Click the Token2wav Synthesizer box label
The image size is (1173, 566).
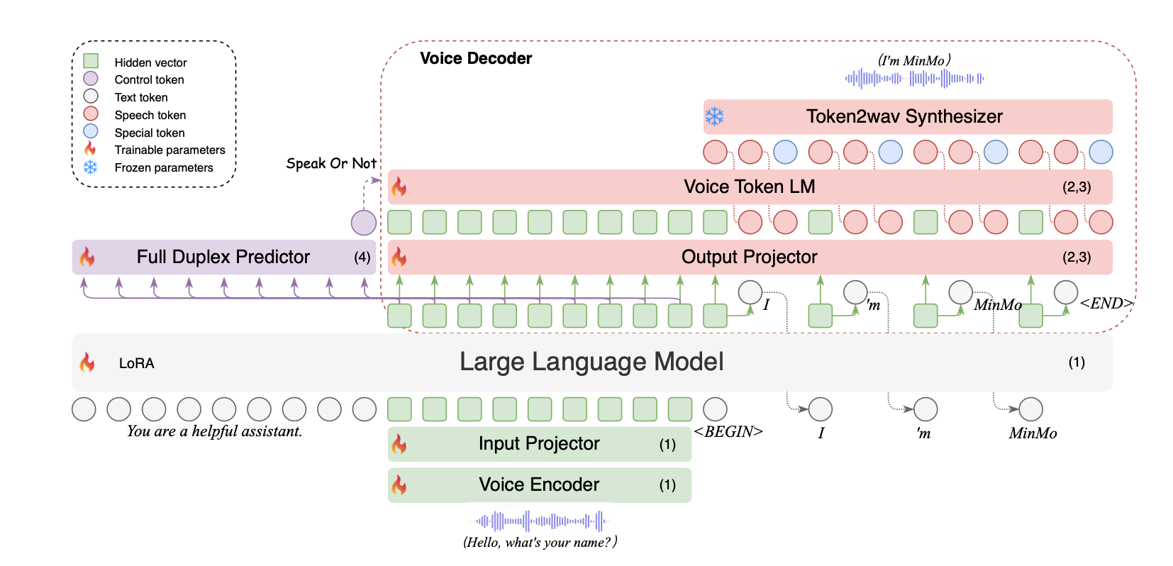pos(904,116)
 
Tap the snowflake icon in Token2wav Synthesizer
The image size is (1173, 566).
pos(714,116)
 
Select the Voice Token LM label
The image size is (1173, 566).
pos(749,187)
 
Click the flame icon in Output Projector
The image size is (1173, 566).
pos(399,257)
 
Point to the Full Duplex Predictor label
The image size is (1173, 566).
pos(223,257)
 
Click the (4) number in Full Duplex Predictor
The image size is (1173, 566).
pos(362,257)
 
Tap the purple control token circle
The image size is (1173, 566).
pos(364,223)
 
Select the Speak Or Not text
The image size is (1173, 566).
pos(330,164)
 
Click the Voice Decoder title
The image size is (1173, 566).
pos(475,58)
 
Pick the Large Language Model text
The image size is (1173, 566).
pos(591,362)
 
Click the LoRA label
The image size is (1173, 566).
pos(136,363)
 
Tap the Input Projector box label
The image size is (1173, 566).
pos(538,444)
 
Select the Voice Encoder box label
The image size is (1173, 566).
pos(538,484)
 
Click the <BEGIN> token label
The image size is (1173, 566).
pos(728,432)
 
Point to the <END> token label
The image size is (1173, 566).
pos(1106,304)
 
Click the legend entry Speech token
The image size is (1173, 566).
pos(150,115)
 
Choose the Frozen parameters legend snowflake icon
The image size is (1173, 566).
pos(90,167)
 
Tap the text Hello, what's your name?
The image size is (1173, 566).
pos(540,543)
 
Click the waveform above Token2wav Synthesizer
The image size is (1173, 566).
pos(915,78)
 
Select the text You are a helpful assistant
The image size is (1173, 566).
pos(214,431)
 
